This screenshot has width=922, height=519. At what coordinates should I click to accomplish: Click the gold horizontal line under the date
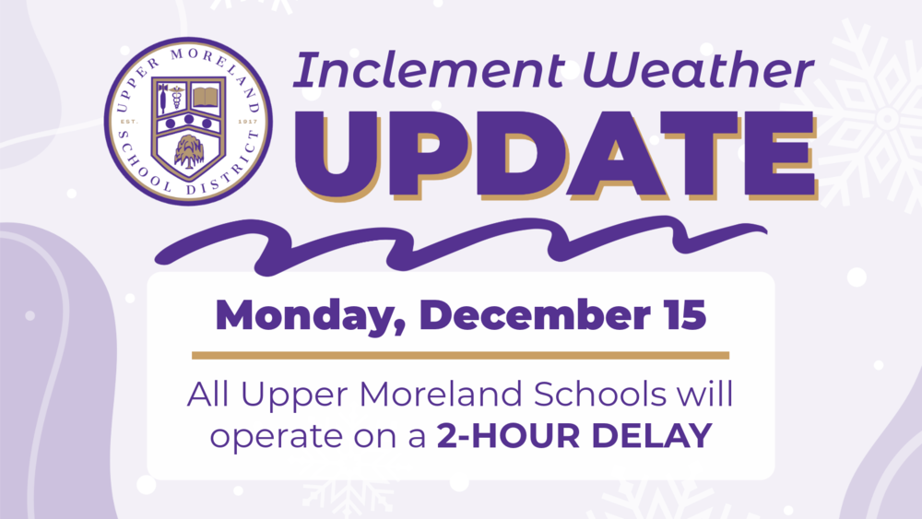(x=460, y=355)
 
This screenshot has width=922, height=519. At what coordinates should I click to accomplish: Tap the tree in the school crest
(x=189, y=147)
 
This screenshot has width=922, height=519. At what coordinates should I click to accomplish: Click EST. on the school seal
(x=128, y=121)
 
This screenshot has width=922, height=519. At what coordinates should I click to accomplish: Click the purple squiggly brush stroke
(x=461, y=242)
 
